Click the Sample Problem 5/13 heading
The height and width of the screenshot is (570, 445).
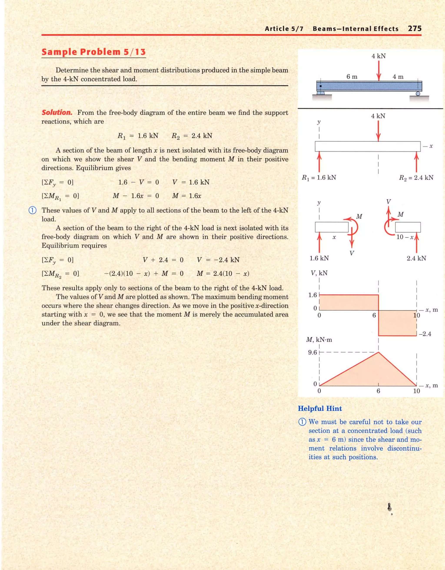coord(93,52)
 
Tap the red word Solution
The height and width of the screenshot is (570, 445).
coord(57,113)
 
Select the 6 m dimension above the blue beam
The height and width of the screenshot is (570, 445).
coord(352,76)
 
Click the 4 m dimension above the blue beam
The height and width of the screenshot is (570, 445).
coord(398,76)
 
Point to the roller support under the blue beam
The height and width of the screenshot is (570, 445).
coord(418,93)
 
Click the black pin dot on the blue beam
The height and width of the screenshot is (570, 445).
coord(321,86)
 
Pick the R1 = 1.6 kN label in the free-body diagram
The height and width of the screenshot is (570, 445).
coord(319,178)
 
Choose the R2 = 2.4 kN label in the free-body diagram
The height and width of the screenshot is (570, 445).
coord(416,178)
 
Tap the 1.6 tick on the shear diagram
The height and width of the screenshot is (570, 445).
coord(312,295)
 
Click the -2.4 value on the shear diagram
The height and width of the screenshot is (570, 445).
coord(425,334)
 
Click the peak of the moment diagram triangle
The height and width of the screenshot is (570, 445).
coord(378,353)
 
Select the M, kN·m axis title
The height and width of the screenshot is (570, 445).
coord(319,340)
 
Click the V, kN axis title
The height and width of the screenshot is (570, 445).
coord(319,273)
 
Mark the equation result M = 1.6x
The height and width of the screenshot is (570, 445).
coord(187,196)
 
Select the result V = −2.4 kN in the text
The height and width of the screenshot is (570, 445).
coord(218,260)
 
